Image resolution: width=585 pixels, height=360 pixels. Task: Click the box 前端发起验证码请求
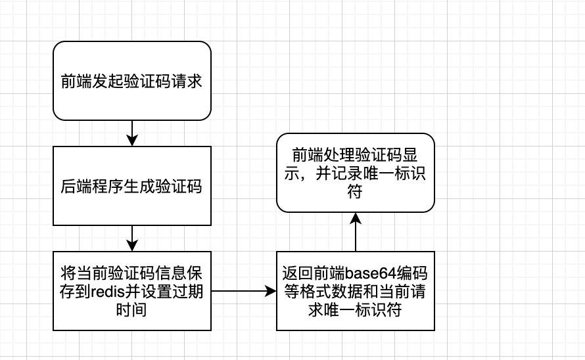point(132,81)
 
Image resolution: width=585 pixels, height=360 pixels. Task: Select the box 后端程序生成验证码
point(132,186)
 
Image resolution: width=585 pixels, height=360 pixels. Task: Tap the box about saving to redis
point(132,290)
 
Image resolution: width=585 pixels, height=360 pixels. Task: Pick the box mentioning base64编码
point(355,290)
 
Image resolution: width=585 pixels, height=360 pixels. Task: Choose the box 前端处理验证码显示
point(355,173)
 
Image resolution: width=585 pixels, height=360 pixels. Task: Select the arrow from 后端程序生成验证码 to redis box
point(132,237)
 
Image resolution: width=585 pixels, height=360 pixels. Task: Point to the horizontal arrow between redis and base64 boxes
point(243,290)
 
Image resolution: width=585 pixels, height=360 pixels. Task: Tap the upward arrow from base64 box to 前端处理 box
point(356,231)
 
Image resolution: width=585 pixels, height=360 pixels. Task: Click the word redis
point(108,291)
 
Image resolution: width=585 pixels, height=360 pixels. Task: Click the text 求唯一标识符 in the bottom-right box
point(355,309)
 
